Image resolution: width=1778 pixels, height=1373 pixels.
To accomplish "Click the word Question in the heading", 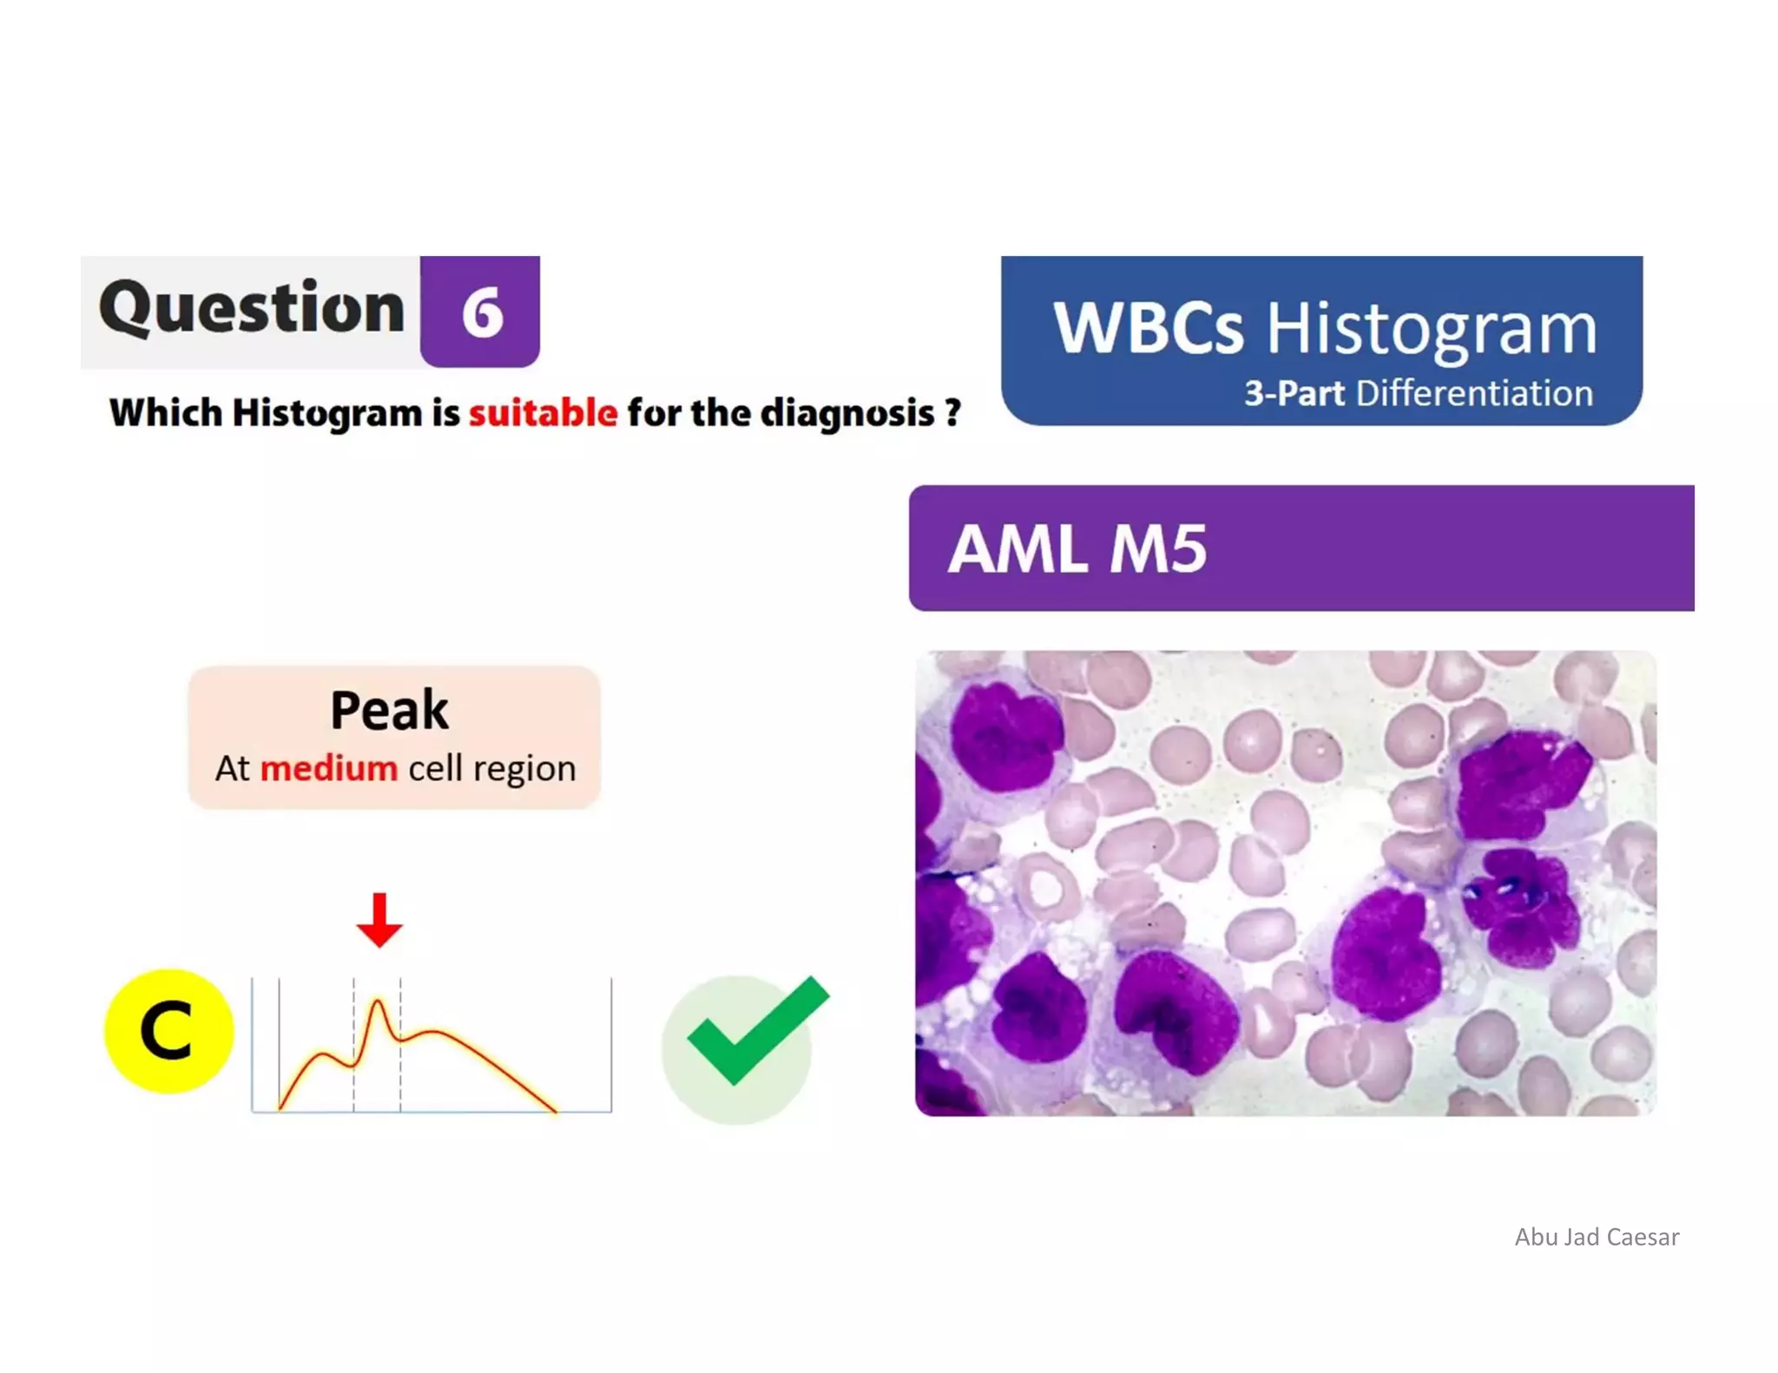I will (252, 309).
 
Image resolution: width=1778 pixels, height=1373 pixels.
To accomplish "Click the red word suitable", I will (543, 413).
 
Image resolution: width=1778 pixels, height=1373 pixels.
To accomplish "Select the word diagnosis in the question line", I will (846, 413).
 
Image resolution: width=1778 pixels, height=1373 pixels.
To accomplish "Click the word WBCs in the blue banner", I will (1148, 329).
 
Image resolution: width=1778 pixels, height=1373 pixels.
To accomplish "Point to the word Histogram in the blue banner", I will (1431, 329).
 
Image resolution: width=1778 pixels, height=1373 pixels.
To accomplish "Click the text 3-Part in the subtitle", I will (1294, 393).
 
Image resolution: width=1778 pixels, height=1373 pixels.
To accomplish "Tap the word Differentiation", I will (1474, 393).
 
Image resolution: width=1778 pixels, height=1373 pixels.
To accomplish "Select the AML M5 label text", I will (1077, 549).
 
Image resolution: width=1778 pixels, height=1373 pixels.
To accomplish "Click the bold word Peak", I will (389, 710).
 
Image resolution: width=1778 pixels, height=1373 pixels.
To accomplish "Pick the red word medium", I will (328, 769).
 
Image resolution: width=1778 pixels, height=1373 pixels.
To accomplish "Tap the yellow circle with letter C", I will (168, 1031).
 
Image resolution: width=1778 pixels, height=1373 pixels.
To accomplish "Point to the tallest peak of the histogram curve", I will (378, 1002).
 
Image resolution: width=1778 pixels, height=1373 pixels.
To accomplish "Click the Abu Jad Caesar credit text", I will (1596, 1237).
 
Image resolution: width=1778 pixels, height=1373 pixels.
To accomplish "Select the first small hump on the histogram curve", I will (323, 1054).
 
